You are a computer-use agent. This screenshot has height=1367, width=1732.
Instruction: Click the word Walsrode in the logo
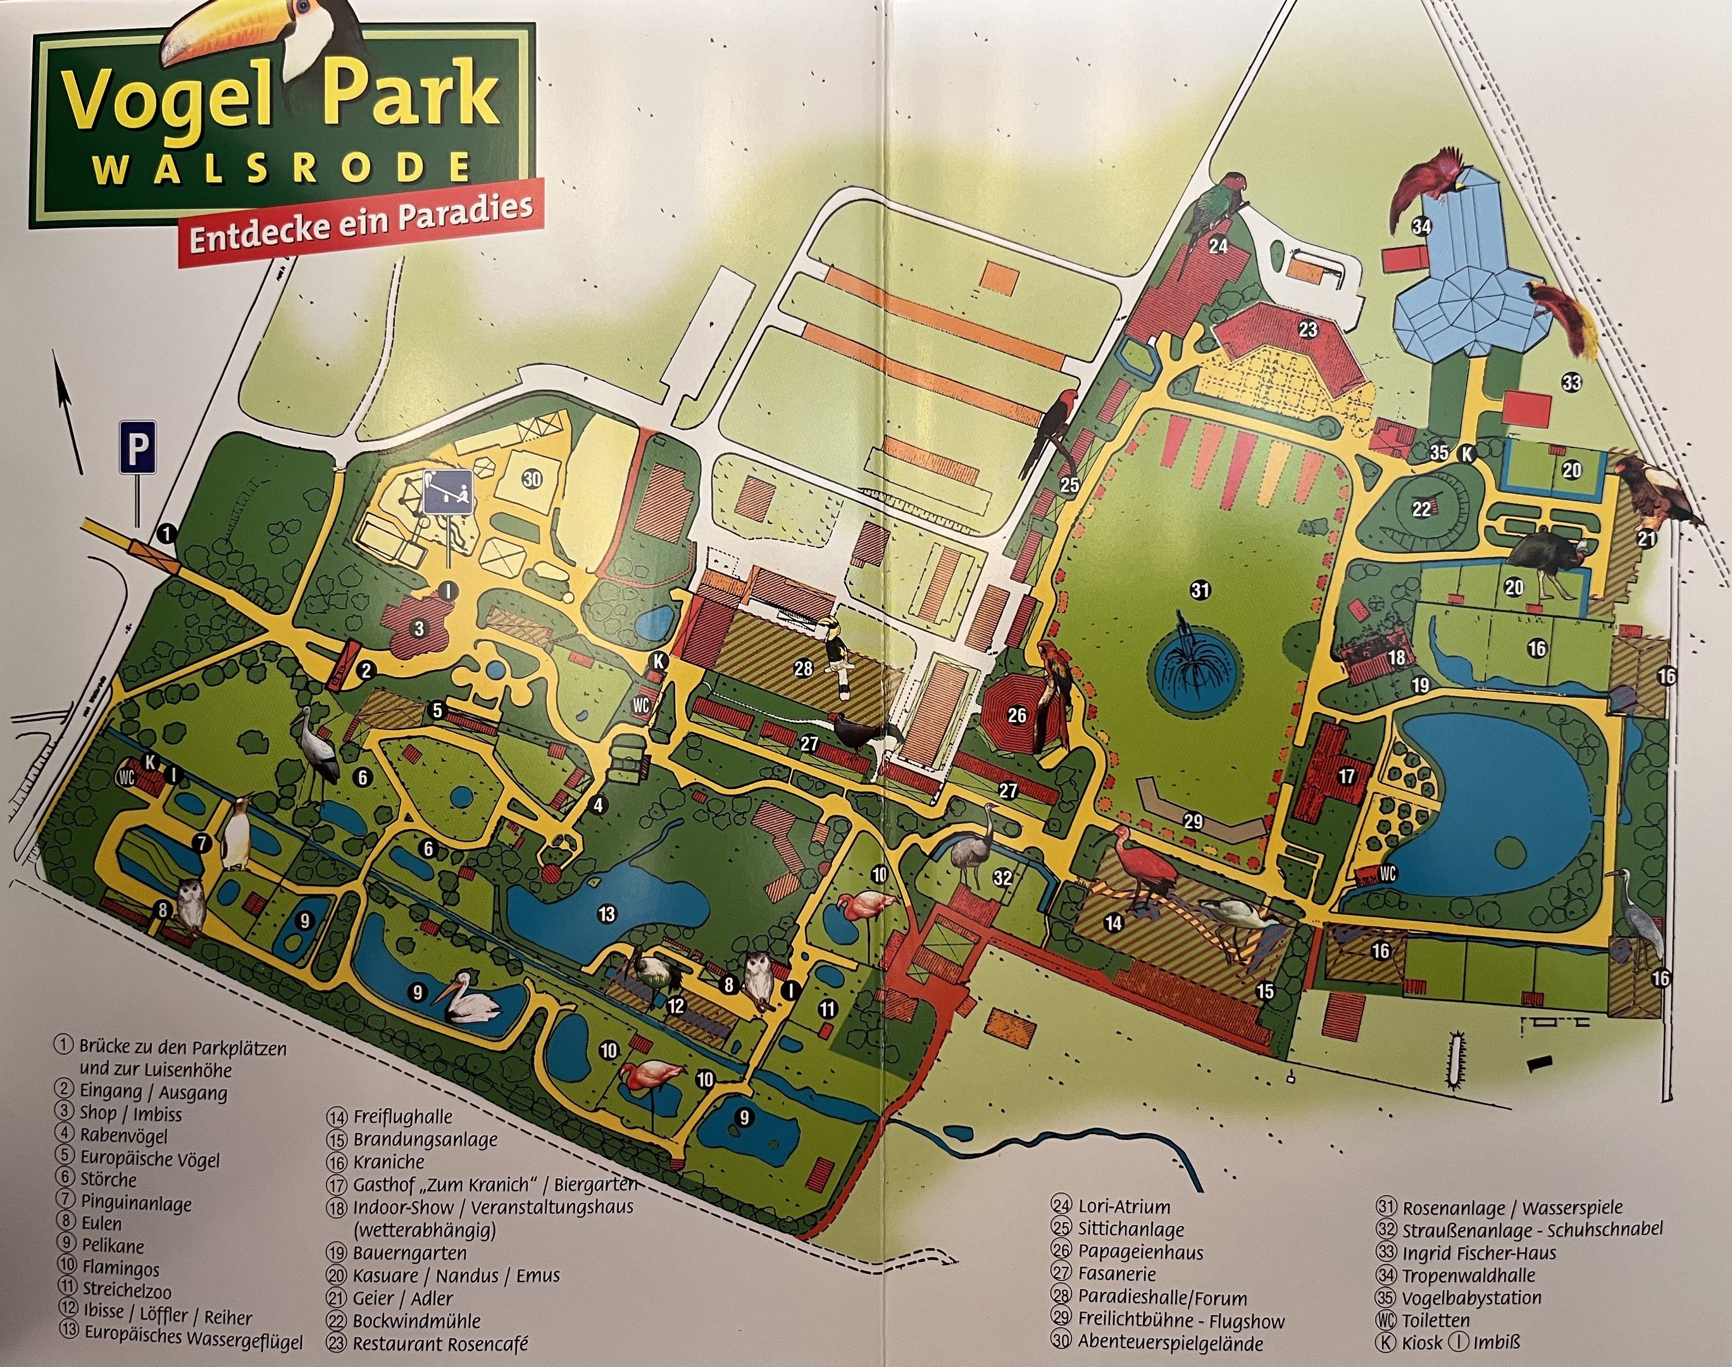point(280,170)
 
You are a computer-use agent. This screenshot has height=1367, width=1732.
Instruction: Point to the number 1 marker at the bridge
point(166,532)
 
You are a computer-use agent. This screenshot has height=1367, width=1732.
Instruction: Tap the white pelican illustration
point(468,1001)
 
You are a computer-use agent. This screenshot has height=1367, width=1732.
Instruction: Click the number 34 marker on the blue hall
point(1421,227)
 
